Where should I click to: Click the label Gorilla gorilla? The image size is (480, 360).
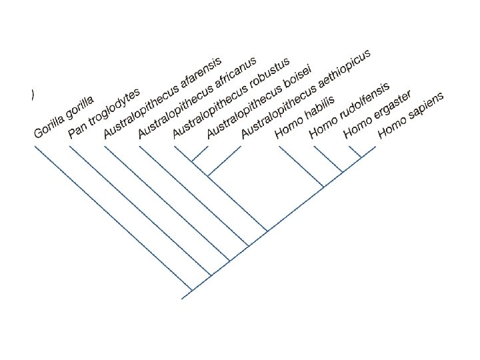click(x=64, y=117)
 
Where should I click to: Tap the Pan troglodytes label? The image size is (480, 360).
click(x=103, y=113)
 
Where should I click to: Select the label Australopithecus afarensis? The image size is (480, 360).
click(x=155, y=99)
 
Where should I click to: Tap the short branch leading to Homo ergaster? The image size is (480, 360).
click(x=353, y=151)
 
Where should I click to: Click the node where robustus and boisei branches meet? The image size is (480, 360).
click(x=192, y=161)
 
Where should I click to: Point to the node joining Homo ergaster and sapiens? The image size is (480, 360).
click(x=361, y=157)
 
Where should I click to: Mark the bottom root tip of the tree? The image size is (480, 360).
click(x=182, y=298)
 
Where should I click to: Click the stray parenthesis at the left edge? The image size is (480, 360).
click(x=32, y=95)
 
